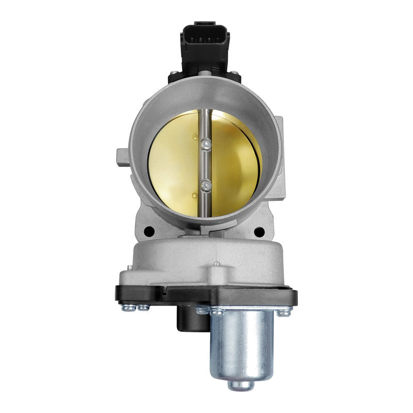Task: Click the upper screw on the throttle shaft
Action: tap(206, 145)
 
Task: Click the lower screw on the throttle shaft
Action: tap(206, 184)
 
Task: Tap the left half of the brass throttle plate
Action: tap(173, 165)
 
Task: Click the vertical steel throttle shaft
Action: tap(206, 165)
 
